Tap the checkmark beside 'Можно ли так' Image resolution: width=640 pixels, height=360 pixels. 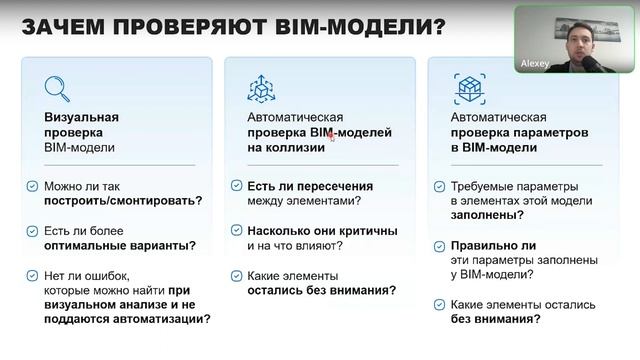tap(32, 186)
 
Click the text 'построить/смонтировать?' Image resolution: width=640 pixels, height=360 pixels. tap(122, 200)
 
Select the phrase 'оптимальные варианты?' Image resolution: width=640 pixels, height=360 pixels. tap(119, 245)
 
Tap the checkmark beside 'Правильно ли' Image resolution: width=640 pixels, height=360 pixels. tap(441, 245)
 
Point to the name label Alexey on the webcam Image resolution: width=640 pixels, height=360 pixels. tap(535, 62)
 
